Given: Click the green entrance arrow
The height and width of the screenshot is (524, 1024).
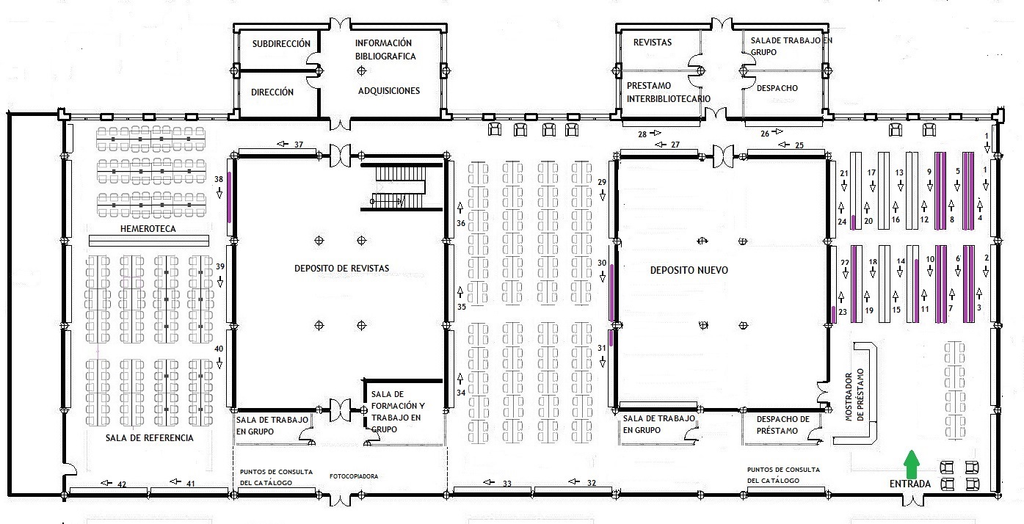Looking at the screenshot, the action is [912, 464].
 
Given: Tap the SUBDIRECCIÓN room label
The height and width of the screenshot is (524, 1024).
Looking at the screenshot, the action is [281, 44].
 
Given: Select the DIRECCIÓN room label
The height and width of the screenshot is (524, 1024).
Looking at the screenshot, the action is [272, 92].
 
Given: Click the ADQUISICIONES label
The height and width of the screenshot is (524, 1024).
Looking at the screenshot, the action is [388, 91].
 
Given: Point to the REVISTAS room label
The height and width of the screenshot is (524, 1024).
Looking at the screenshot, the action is [653, 43].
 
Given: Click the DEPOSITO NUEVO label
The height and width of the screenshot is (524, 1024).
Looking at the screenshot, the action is [689, 270].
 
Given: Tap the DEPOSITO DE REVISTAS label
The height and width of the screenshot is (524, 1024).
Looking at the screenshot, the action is [341, 269].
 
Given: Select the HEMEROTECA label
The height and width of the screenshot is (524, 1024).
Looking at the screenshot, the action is [148, 229].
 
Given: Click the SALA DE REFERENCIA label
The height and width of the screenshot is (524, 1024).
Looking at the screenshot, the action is [150, 437].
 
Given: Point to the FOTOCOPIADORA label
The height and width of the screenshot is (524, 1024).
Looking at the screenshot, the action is [354, 476].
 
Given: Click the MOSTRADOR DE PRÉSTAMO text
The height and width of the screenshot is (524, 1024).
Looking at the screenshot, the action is [854, 395].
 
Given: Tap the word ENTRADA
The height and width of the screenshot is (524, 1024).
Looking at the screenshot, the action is [910, 484].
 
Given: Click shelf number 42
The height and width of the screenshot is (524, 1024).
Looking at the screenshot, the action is [109, 491].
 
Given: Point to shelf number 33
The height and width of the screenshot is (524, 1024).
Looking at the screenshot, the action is [493, 491].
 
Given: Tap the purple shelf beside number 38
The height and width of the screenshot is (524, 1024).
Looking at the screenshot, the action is [230, 197].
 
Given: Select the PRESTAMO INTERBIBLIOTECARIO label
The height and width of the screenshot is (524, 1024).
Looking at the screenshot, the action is [668, 92].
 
